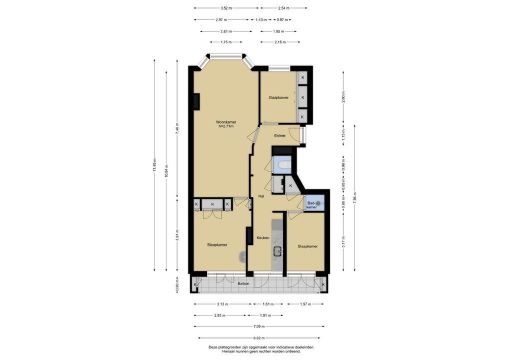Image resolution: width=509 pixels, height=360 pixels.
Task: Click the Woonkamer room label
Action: tap(226, 122)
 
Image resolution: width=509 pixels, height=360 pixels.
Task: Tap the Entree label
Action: tap(279, 135)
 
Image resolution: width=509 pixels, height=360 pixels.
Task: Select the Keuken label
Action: tap(263, 238)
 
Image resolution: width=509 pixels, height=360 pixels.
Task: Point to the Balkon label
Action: tap(243, 283)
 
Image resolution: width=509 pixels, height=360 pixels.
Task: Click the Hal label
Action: tap(261, 196)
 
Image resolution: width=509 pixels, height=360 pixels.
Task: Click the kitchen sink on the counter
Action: tap(277, 251)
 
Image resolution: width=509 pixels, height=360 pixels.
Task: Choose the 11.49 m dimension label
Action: tap(154, 165)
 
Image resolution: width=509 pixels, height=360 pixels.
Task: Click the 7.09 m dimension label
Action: tap(258, 326)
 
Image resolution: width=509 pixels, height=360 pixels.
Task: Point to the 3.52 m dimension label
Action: tap(226, 8)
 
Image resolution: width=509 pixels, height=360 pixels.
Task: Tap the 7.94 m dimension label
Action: tap(355, 197)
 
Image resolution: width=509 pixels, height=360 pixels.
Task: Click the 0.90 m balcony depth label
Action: tap(177, 284)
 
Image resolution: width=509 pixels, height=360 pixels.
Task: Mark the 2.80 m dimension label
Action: tap(343, 97)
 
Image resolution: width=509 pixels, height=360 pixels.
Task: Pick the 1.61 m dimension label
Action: tap(268, 304)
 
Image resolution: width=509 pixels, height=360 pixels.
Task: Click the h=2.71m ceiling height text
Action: tap(226, 126)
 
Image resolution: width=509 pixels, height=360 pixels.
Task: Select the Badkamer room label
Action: tap(311, 205)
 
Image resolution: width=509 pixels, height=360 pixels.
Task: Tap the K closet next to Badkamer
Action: tap(290, 185)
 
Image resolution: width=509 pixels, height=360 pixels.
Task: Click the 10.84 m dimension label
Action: tap(166, 171)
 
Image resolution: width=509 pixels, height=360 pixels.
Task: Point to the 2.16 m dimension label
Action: tap(280, 42)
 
